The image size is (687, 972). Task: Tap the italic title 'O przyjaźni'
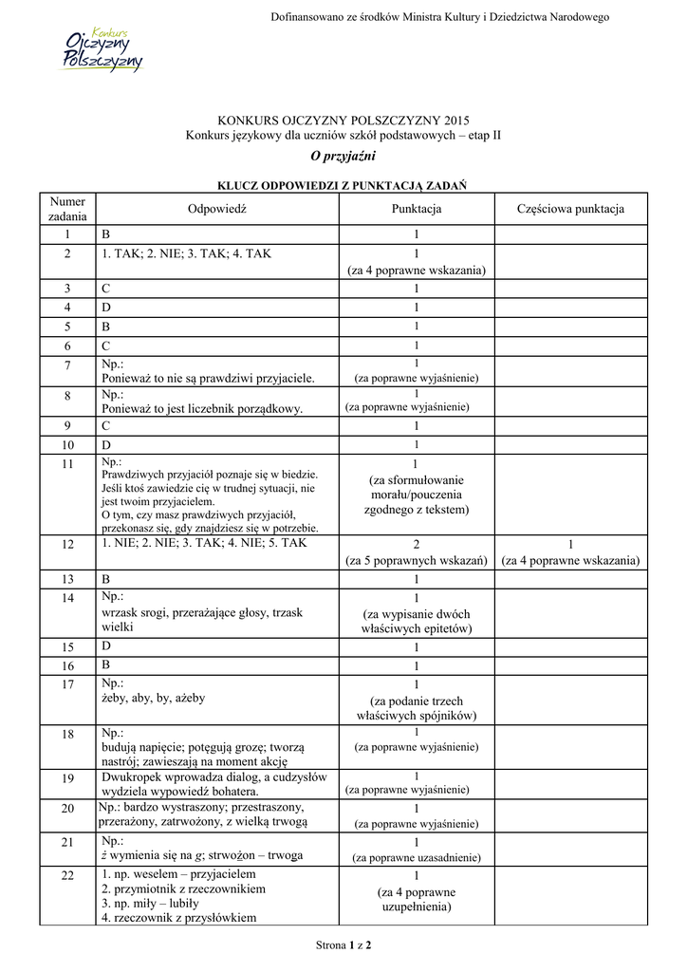click(343, 156)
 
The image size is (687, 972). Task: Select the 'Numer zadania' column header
click(67, 209)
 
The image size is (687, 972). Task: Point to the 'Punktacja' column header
click(416, 209)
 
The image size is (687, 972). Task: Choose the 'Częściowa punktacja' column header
click(570, 209)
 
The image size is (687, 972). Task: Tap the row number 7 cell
click(67, 366)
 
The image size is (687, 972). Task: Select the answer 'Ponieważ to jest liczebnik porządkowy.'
click(201, 408)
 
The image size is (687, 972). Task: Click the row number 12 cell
click(67, 545)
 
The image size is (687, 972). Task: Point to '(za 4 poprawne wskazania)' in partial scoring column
click(570, 561)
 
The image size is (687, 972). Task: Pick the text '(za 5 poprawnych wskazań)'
click(416, 561)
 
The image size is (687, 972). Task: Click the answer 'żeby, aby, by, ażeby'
click(152, 698)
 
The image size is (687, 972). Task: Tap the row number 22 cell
click(67, 875)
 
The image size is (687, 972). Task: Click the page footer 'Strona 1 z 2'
click(343, 945)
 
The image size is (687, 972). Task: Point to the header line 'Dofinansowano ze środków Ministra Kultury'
click(439, 17)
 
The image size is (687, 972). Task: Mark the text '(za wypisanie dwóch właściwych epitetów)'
click(416, 621)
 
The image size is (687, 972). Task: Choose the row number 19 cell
click(67, 778)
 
